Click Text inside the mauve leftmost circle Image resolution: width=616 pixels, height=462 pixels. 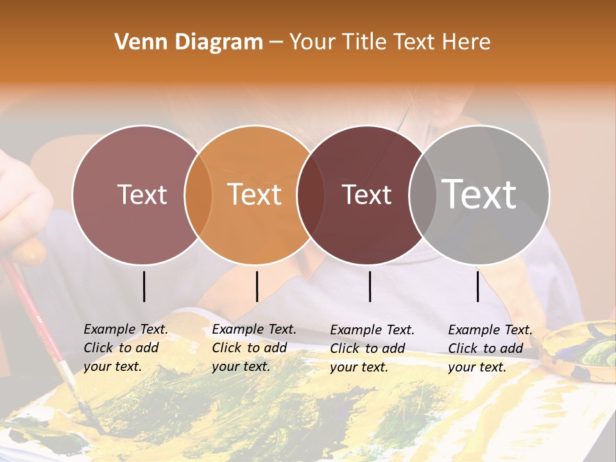point(142,195)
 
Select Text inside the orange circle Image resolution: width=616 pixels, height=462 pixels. point(255,195)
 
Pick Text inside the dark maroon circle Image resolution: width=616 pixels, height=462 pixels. point(367,195)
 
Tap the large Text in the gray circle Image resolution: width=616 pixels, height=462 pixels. point(479,194)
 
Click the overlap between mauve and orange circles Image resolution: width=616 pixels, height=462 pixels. point(198,195)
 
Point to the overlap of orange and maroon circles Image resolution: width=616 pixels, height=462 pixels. point(311,195)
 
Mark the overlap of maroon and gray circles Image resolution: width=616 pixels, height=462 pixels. point(422,195)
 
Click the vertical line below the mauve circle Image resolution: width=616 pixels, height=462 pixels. point(144,286)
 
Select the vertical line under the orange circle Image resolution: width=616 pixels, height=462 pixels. point(257,286)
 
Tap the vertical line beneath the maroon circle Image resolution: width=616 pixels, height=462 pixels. point(370,286)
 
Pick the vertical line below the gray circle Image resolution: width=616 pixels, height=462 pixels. point(478,286)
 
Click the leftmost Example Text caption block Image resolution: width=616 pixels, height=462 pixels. point(125,348)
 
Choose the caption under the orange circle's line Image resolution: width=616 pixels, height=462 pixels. point(253,348)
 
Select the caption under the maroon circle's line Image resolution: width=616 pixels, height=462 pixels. point(372,348)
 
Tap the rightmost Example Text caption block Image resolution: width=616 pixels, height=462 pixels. point(490,348)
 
